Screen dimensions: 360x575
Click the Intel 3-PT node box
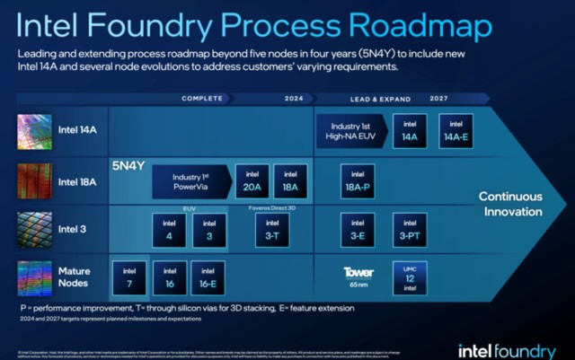pyautogui.click(x=410, y=231)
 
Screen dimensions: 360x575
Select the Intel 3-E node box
pyautogui.click(x=358, y=231)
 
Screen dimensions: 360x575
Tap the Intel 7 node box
pyautogui.click(x=128, y=278)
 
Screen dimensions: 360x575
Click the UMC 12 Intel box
pyautogui.click(x=410, y=278)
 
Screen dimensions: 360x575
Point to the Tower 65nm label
pyautogui.click(x=358, y=277)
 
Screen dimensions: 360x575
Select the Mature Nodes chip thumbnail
pyautogui.click(x=35, y=278)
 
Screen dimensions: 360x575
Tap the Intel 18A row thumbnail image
pyautogui.click(x=35, y=181)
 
